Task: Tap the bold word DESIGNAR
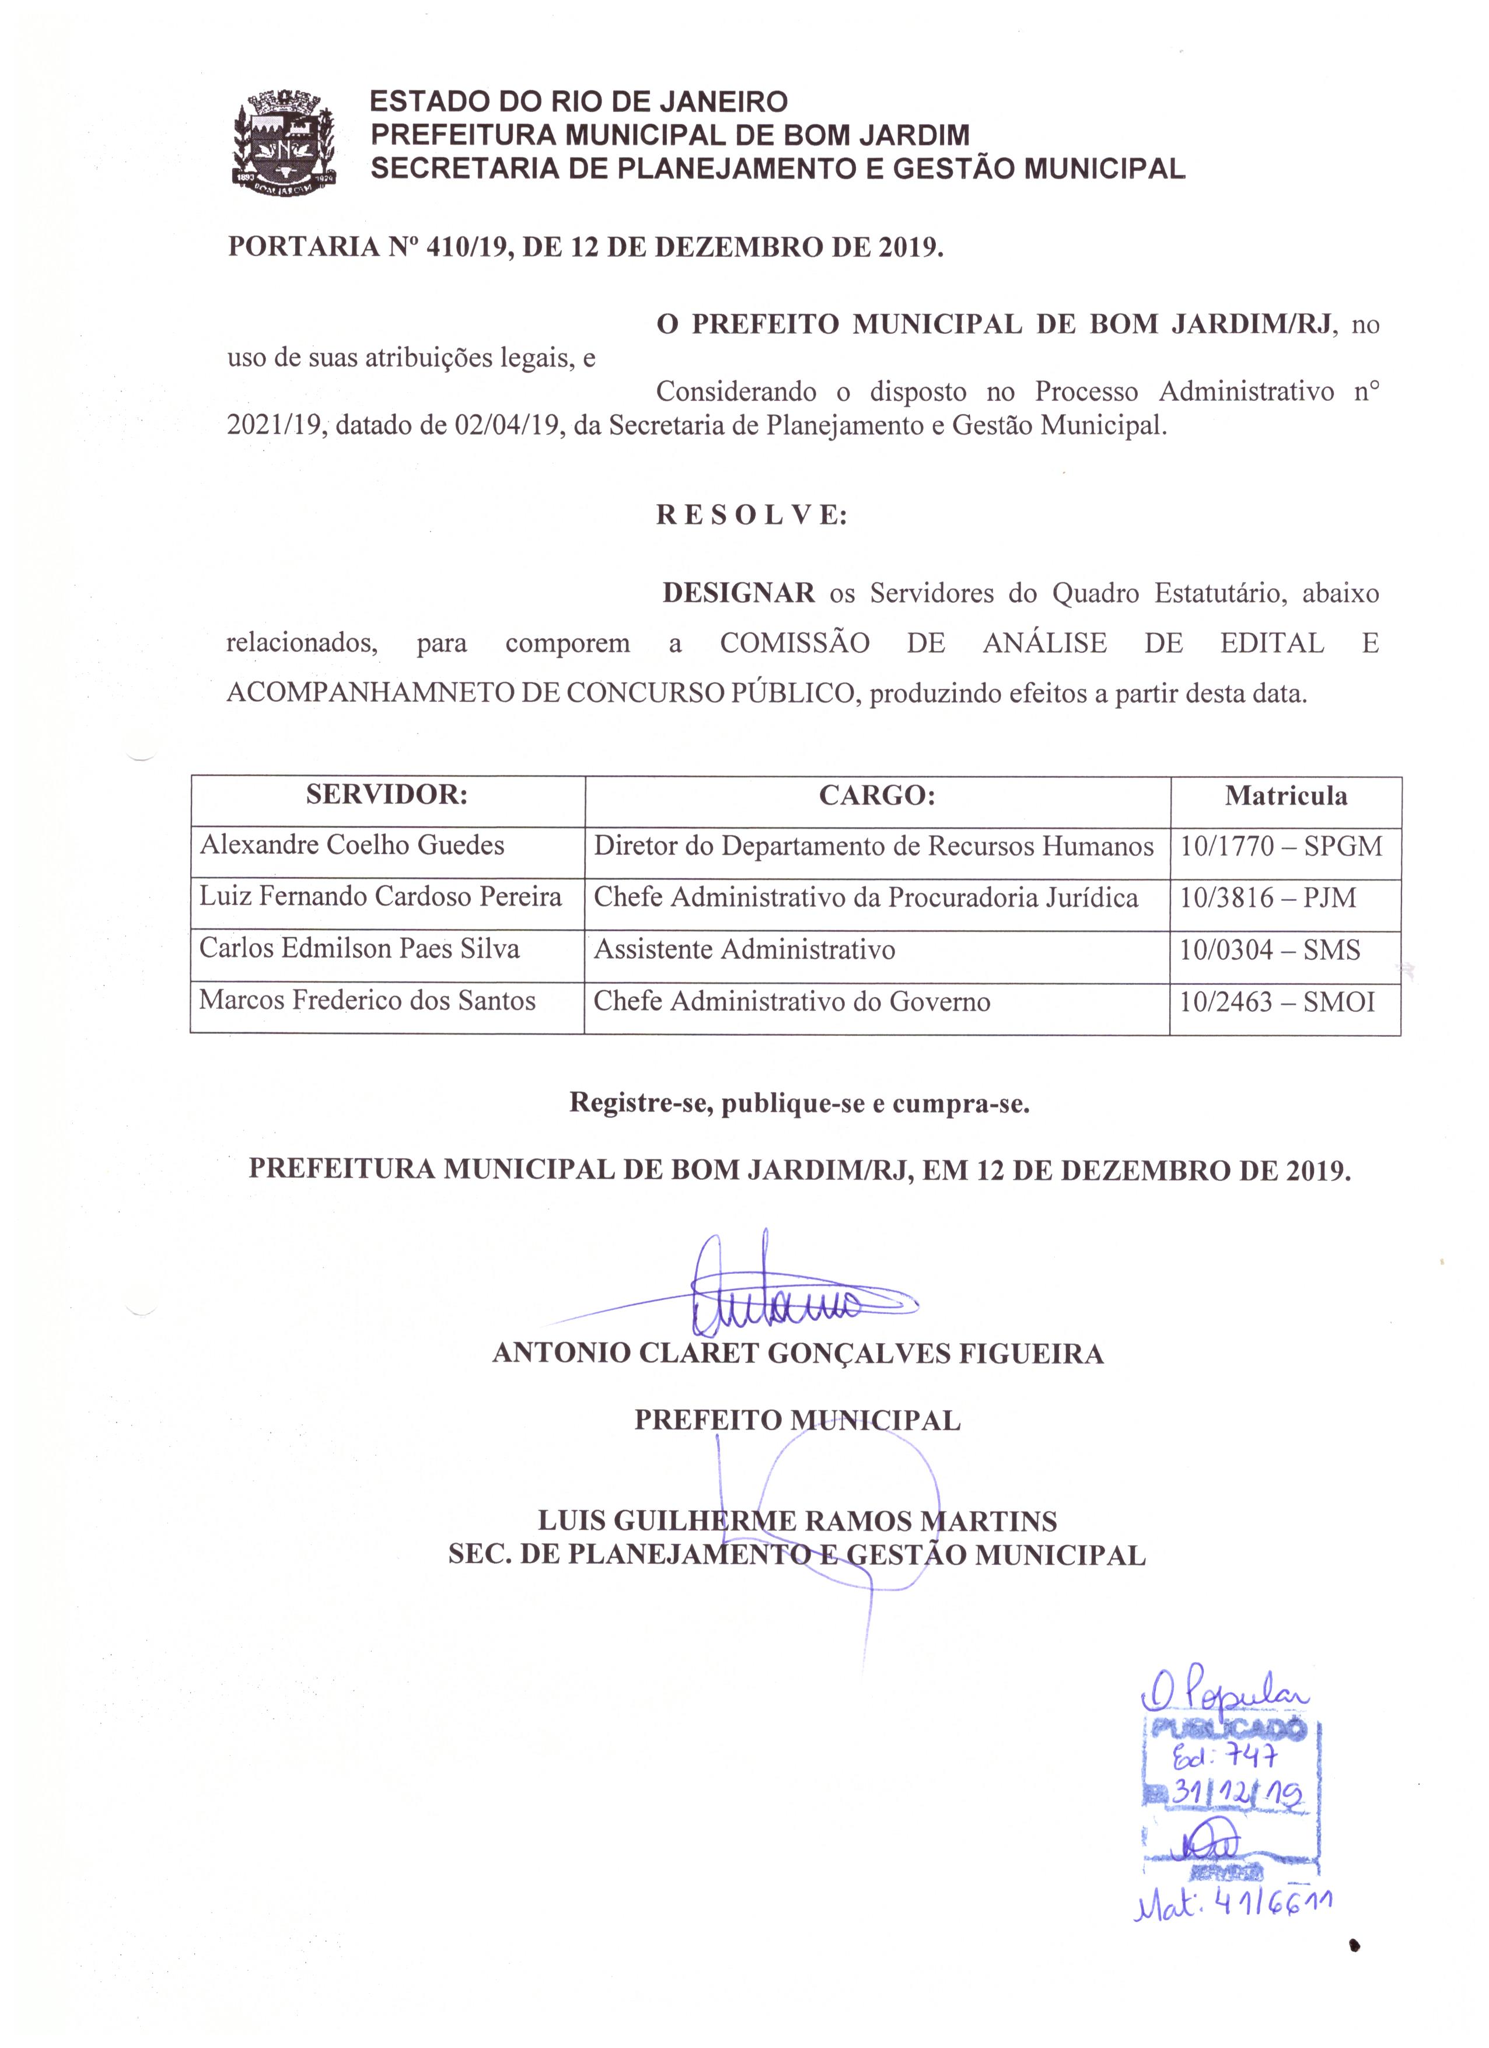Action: click(x=739, y=593)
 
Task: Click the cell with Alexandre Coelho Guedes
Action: click(x=352, y=845)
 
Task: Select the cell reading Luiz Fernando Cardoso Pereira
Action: click(x=380, y=897)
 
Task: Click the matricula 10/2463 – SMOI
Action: click(x=1277, y=1001)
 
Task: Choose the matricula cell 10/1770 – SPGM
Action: click(x=1281, y=846)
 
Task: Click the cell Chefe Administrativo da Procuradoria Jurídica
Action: click(x=865, y=897)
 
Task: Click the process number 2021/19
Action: click(x=274, y=425)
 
